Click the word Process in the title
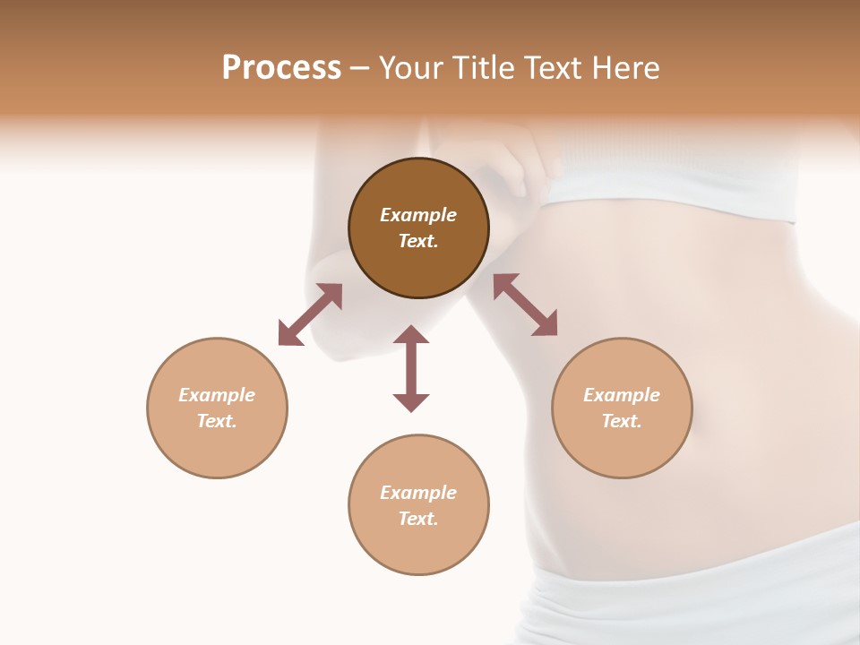click(x=281, y=68)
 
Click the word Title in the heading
click(x=481, y=68)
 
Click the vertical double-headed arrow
click(x=411, y=368)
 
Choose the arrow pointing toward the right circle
click(x=525, y=305)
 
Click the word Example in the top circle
click(x=418, y=215)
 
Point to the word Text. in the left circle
click(x=217, y=421)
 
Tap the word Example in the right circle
click(x=622, y=395)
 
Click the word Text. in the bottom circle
click(x=418, y=519)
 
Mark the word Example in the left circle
click(x=217, y=395)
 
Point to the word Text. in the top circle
click(x=418, y=241)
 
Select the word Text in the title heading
click(x=551, y=68)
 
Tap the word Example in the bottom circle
click(x=418, y=493)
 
